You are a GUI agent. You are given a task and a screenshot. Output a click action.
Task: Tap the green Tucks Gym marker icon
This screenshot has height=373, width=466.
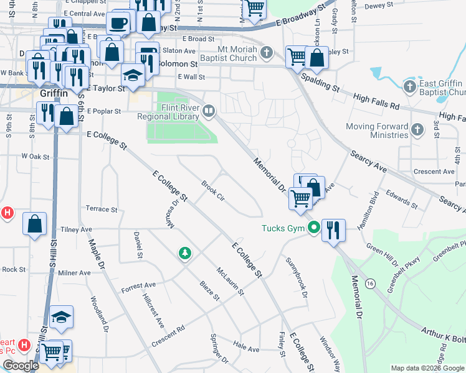pos(314,228)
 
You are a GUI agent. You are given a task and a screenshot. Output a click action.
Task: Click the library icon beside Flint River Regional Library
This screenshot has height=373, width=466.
pos(209,111)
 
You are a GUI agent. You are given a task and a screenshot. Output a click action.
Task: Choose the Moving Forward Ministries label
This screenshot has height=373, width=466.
pos(378,131)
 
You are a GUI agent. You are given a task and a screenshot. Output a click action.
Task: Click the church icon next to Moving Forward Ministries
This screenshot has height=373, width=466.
pos(417,130)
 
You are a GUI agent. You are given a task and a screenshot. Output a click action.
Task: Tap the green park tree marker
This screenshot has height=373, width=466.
pos(184,252)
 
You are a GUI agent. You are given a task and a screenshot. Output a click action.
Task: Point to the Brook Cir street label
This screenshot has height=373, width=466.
pos(213,191)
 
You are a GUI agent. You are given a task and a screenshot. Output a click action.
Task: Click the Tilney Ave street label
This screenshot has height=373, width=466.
pos(76,230)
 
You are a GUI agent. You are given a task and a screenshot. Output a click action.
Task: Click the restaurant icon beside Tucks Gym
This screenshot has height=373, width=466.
pos(333,231)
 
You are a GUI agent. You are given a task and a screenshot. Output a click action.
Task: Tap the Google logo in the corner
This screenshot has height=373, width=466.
pos(21,366)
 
